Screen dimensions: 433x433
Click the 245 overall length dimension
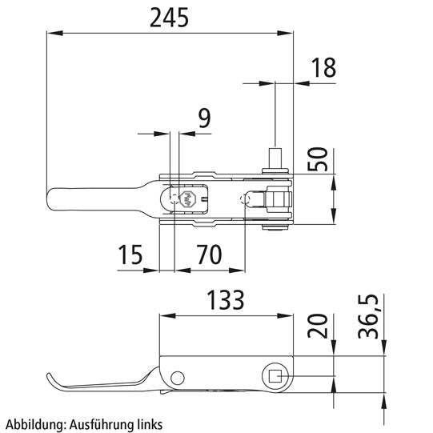(169, 17)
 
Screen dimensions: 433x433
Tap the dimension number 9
(203, 118)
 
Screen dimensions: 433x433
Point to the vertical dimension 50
(317, 159)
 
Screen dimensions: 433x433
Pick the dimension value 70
(208, 256)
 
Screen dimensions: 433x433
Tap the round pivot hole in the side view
(178, 376)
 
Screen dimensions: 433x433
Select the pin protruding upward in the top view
(275, 158)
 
